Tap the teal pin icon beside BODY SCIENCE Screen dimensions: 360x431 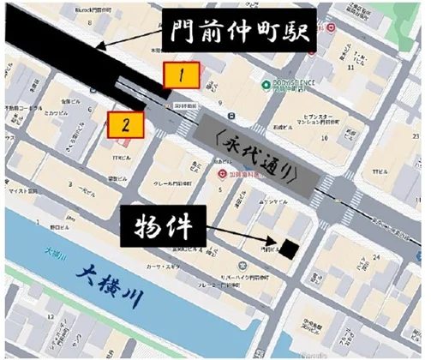(x=266, y=84)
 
